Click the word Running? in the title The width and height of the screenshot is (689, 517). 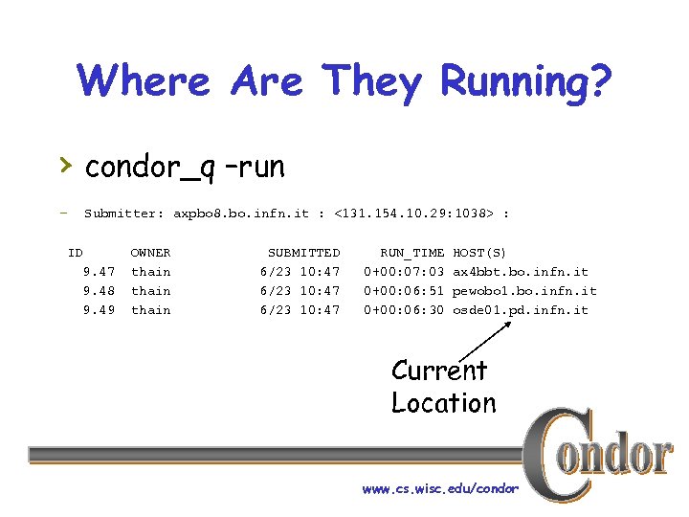click(x=525, y=81)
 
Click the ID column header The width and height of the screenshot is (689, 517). click(x=75, y=253)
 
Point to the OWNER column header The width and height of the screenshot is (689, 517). click(x=150, y=253)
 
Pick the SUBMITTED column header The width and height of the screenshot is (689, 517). click(x=303, y=253)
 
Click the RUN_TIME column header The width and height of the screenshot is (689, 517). click(x=412, y=253)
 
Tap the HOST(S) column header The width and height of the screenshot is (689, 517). click(x=479, y=253)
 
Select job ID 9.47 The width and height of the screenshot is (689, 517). click(x=99, y=272)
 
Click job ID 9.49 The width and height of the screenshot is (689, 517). click(x=99, y=310)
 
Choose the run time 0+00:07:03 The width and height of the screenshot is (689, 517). click(x=404, y=272)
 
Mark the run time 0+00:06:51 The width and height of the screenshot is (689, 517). click(x=404, y=291)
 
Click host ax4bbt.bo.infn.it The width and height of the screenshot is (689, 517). click(x=521, y=272)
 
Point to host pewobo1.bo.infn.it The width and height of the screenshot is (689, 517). click(x=524, y=291)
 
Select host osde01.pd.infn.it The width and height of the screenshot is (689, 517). click(x=521, y=310)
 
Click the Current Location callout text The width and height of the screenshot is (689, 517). click(x=442, y=386)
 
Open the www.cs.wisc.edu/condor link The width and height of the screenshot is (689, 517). click(x=440, y=489)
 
